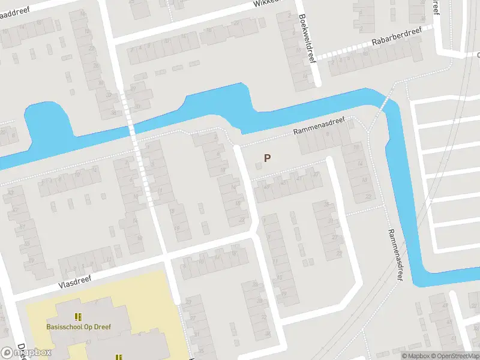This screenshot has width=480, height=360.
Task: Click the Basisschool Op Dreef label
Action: coord(79,327)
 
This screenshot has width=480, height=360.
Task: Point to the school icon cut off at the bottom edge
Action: coord(118,356)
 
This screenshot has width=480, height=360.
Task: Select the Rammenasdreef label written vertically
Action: coord(394,255)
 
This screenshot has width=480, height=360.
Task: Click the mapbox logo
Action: coord(26,353)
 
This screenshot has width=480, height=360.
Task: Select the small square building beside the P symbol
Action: coord(259,166)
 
